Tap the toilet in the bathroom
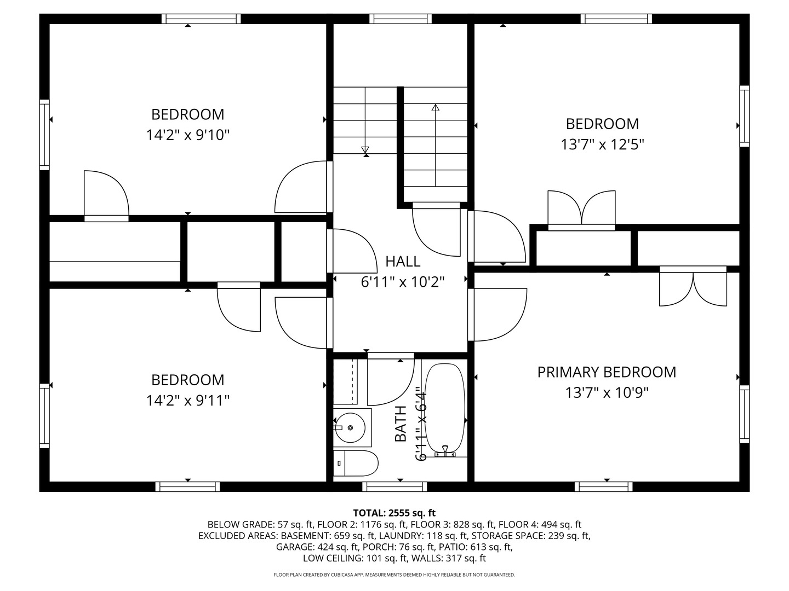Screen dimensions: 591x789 click(x=356, y=464)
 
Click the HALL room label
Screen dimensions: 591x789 click(x=403, y=262)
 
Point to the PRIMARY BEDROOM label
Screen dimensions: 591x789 click(x=607, y=372)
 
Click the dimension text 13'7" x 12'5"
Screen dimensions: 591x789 click(x=602, y=144)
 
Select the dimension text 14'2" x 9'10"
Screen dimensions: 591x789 click(x=187, y=135)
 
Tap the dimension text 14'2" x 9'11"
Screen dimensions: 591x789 click(x=187, y=401)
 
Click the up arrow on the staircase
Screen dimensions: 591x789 click(x=436, y=108)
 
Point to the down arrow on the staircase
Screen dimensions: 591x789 click(x=365, y=149)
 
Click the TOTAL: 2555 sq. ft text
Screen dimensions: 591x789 click(x=394, y=513)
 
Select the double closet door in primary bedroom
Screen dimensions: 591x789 click(x=693, y=287)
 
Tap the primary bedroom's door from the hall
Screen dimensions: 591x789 click(x=498, y=315)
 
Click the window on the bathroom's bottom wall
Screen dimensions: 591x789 click(x=394, y=486)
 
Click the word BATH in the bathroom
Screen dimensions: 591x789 click(x=401, y=424)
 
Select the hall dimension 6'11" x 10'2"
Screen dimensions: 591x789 click(x=402, y=282)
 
